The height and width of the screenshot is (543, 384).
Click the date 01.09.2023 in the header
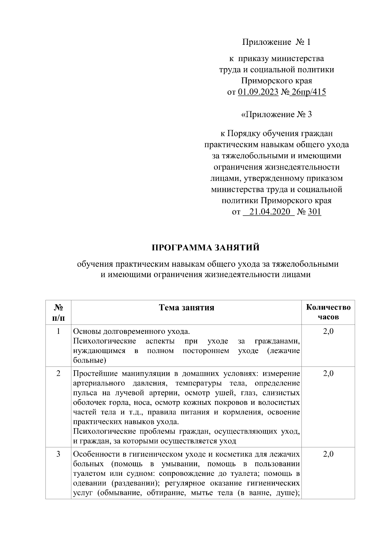(x=258, y=92)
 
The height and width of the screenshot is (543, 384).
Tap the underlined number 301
(x=314, y=212)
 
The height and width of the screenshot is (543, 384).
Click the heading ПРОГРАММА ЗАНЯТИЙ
(x=205, y=248)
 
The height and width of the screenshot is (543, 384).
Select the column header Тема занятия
(x=187, y=308)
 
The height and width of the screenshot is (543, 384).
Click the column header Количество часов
(x=328, y=312)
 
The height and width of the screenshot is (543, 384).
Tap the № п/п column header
(x=58, y=312)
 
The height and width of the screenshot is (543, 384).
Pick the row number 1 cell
(x=58, y=331)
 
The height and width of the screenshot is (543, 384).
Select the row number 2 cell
(x=58, y=373)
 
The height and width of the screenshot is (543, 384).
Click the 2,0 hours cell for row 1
(x=328, y=331)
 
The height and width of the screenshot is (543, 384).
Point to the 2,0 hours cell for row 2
(x=328, y=373)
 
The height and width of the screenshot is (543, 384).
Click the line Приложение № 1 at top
(x=276, y=42)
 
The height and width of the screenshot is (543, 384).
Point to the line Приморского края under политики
(x=276, y=81)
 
